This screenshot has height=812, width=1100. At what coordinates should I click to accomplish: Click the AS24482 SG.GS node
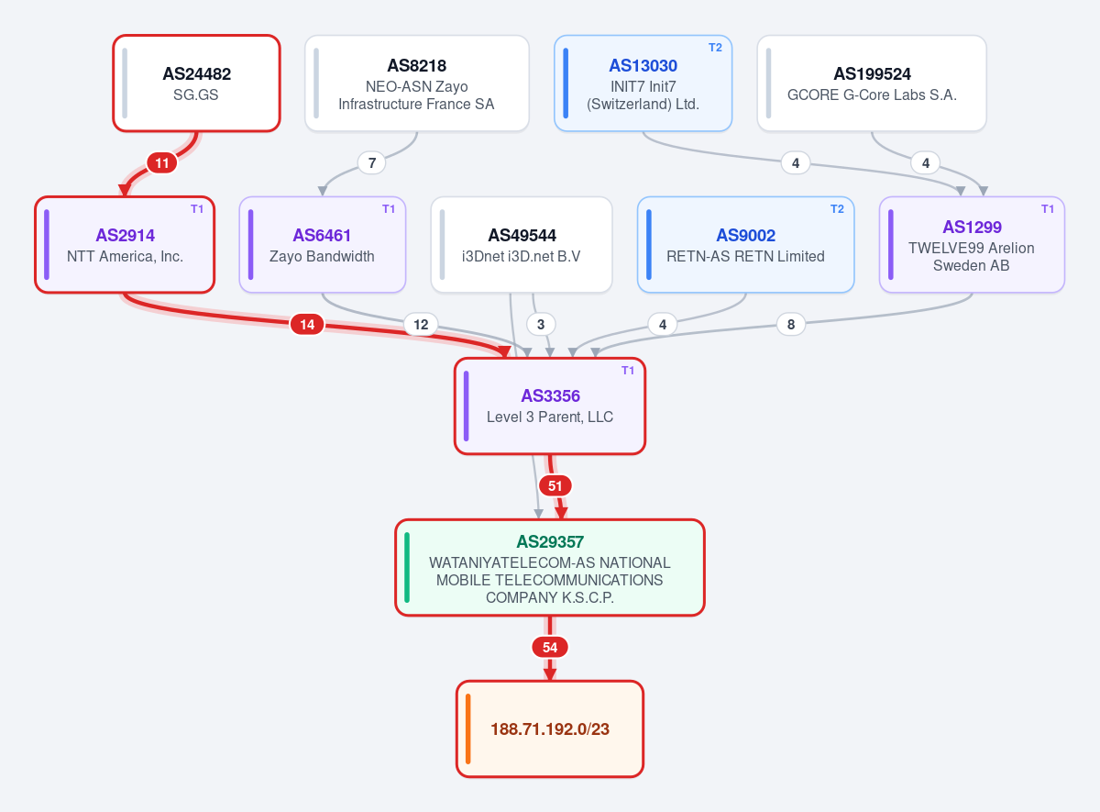[196, 83]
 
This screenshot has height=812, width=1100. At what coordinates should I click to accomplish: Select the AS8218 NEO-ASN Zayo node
[417, 83]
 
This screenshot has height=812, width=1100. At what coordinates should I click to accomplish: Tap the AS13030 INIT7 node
[643, 83]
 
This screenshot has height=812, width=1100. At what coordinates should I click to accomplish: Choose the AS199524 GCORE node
[872, 83]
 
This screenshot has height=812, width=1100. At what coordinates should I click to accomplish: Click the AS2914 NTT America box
[125, 245]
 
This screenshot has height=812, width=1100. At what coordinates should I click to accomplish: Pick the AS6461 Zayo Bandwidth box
[322, 245]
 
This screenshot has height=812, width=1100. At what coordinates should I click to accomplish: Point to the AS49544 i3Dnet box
[522, 245]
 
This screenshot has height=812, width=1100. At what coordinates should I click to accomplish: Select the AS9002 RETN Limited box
[745, 245]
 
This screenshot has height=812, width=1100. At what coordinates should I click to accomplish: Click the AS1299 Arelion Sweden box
[972, 245]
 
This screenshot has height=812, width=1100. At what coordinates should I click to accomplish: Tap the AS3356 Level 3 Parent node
[549, 406]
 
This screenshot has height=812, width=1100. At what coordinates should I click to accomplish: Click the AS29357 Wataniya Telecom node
[549, 568]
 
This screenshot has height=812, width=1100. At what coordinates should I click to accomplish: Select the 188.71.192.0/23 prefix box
[549, 729]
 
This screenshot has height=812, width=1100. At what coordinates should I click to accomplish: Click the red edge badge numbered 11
[162, 163]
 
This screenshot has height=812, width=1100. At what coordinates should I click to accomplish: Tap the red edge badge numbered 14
[307, 325]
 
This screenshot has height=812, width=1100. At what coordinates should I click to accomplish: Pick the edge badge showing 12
[421, 325]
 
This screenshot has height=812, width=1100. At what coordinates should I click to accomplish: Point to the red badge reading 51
[555, 486]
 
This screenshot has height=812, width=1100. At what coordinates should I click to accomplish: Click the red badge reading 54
[550, 648]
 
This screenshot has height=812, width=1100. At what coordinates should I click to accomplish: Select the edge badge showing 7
[372, 163]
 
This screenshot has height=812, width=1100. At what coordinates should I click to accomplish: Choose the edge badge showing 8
[791, 325]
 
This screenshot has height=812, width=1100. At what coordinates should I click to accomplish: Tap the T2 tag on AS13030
[715, 48]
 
